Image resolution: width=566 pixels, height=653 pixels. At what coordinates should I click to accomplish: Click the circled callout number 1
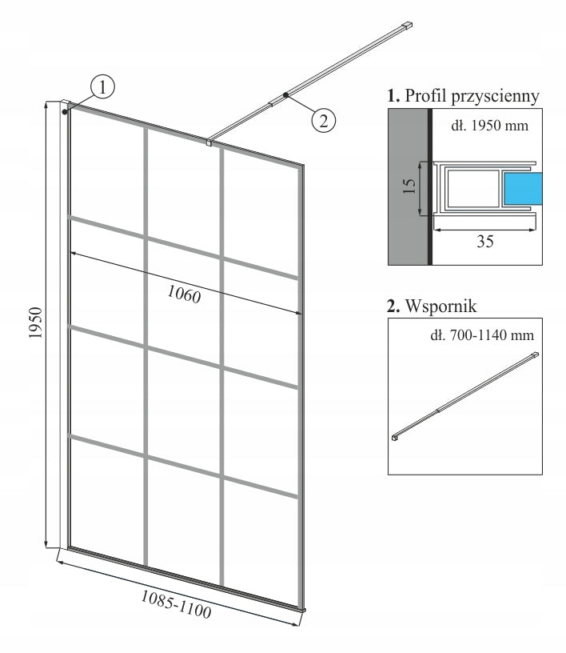coord(102,86)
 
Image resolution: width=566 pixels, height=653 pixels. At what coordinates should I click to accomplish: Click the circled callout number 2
coord(323,120)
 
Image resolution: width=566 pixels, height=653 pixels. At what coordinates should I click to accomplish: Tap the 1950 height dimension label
coord(36,322)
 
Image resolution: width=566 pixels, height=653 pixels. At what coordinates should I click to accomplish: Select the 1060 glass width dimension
coord(184,294)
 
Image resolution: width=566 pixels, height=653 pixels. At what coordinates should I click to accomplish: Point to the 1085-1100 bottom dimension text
coord(176,604)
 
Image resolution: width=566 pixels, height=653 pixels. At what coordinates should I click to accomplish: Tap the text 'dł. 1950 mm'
coord(490,126)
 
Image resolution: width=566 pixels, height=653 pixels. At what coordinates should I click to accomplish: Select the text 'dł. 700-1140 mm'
coord(482,335)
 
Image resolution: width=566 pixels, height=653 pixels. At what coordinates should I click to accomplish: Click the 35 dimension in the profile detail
coord(484,242)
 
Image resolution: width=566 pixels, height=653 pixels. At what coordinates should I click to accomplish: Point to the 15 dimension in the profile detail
coord(409,186)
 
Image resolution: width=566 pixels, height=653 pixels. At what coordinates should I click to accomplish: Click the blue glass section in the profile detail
coord(523,189)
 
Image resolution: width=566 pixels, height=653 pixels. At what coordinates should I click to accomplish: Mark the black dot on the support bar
coord(286,95)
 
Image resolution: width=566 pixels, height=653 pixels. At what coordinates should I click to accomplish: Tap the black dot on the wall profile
coord(65,112)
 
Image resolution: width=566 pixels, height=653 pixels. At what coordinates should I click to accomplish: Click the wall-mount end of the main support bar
coord(406,26)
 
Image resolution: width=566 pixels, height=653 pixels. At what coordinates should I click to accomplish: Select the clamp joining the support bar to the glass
coord(209,142)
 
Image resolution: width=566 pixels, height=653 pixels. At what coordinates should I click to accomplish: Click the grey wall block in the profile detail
coord(408,186)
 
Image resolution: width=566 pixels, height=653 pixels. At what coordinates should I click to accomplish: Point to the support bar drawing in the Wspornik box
coord(465,396)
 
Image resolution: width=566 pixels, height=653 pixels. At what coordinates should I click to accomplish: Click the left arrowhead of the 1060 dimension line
coord(74,253)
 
